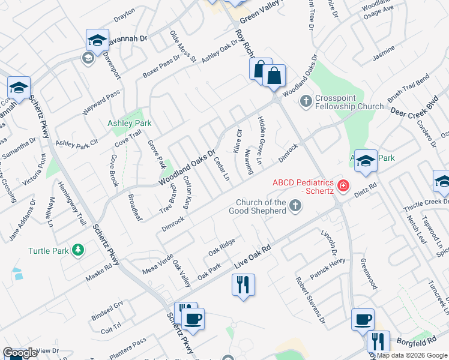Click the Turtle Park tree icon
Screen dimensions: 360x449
click(77, 249)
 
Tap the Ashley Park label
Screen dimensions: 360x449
click(129, 123)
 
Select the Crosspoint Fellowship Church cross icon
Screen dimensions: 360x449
click(306, 101)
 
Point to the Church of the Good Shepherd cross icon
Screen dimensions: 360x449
click(295, 206)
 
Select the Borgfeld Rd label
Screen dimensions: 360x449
click(414, 342)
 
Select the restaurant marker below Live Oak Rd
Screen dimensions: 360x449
click(243, 284)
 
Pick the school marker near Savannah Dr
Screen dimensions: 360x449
click(97, 40)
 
